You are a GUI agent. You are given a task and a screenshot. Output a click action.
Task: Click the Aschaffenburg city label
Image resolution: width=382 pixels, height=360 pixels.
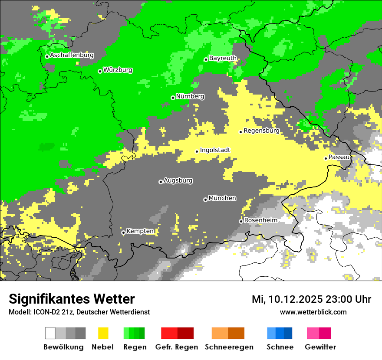tap(72, 56)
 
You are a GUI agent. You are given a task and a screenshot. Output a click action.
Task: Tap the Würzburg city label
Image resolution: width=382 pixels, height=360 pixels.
tap(118, 70)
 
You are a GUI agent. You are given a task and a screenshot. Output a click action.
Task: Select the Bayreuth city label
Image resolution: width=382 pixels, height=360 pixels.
tap(223, 58)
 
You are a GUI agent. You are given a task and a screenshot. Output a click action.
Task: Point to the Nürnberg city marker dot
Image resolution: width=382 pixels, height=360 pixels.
tap(173, 98)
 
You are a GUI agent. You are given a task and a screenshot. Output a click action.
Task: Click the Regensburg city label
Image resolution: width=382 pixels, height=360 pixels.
tap(261, 131)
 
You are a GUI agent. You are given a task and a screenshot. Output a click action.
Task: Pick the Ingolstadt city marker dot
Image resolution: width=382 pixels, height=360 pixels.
tap(197, 151)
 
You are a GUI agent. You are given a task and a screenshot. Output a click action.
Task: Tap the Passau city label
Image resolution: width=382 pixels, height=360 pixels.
tap(339, 157)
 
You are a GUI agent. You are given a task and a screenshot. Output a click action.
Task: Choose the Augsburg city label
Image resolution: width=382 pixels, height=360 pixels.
tap(178, 181)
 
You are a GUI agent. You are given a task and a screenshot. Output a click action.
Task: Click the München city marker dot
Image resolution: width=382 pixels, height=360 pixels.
tap(205, 200)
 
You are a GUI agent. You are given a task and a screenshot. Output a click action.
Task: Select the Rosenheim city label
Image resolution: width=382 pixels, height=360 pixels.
tap(260, 220)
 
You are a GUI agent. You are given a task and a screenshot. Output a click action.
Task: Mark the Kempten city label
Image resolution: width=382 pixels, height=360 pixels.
tap(140, 232)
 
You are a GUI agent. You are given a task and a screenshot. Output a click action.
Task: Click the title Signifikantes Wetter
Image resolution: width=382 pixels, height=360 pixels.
tap(72, 299)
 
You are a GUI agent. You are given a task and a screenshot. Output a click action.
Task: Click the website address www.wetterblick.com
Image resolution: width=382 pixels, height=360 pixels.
tap(313, 312)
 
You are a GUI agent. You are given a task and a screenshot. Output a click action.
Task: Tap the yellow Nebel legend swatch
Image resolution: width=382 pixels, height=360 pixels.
tap(103, 333)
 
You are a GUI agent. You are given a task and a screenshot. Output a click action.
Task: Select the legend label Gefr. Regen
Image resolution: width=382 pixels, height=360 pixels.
tap(177, 347)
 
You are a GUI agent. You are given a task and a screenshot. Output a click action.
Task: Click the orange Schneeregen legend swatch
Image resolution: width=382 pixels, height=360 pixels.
tap(228, 333)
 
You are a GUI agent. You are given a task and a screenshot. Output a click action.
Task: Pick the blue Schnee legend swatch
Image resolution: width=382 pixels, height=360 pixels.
tap(280, 333)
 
